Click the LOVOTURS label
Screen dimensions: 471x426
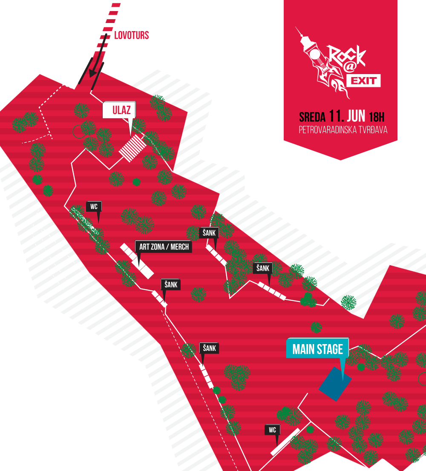click(x=132, y=35)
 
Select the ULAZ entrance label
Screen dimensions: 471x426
click(x=119, y=110)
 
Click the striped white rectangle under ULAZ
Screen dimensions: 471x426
click(x=132, y=147)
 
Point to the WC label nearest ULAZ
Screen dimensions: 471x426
click(x=94, y=207)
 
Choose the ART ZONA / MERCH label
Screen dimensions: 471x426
click(x=164, y=247)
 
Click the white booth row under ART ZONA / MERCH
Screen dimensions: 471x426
click(x=136, y=261)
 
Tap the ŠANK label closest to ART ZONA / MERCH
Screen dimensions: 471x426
click(x=171, y=285)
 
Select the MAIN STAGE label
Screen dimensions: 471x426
click(x=318, y=350)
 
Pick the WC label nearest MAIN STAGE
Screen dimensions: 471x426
click(x=273, y=430)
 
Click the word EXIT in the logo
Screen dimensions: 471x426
click(x=363, y=80)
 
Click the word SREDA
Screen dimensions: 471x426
click(x=312, y=117)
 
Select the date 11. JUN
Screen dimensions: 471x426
click(x=348, y=116)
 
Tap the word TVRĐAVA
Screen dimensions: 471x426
click(x=372, y=130)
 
